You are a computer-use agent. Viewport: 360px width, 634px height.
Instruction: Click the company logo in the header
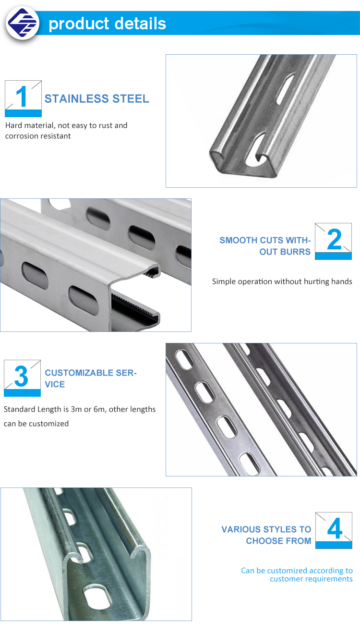pos(22,23)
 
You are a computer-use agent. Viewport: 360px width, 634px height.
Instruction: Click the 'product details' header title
pos(108,24)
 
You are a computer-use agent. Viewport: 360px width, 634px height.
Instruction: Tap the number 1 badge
pos(23,98)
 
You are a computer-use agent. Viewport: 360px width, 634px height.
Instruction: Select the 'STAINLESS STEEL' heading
pos(96,99)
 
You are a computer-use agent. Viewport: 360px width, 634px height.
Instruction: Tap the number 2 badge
pos(333,241)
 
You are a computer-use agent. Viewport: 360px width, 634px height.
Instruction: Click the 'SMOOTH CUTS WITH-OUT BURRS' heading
pos(265,246)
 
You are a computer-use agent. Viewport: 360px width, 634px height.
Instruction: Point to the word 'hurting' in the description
pos(314,281)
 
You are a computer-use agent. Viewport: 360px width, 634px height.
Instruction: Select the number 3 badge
pos(22,378)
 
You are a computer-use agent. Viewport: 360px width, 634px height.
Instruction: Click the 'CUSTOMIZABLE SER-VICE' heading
pos(90,378)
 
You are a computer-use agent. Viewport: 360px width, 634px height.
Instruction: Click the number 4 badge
pos(334,530)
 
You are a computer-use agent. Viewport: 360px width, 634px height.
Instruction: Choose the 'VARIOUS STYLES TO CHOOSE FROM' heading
pos(266,535)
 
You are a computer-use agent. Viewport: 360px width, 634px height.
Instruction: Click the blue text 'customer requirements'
pos(311,579)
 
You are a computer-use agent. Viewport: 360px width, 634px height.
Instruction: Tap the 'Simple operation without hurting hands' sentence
pos(282,281)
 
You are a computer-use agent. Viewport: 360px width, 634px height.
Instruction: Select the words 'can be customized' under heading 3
pos(36,424)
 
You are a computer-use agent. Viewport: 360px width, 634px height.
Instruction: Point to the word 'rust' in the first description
pos(106,125)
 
